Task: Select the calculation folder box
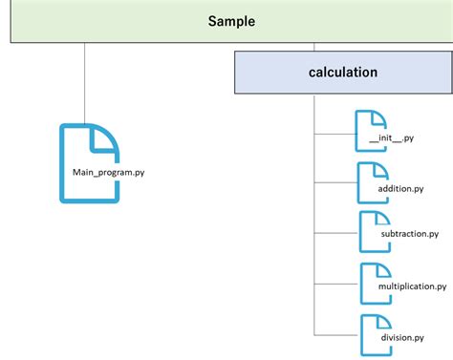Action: (342, 73)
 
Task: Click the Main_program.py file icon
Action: (90, 162)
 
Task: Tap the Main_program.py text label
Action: (108, 173)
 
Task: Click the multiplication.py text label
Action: (405, 286)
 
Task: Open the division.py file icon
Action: (374, 334)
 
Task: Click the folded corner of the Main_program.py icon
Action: (106, 138)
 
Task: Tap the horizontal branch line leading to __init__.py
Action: (335, 134)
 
